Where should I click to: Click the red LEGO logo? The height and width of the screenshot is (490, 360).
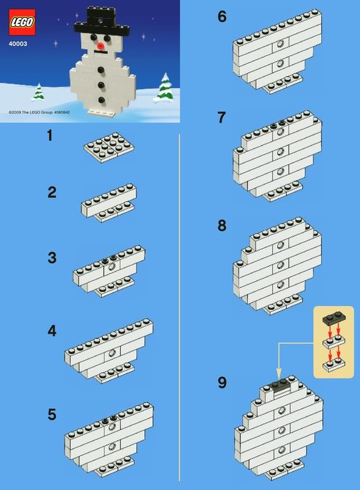pyautogui.click(x=22, y=22)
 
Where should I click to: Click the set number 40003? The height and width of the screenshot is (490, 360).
pyautogui.click(x=18, y=44)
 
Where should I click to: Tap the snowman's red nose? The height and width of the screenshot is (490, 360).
pyautogui.click(x=100, y=46)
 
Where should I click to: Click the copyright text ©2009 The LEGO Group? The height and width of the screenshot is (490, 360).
pyautogui.click(x=31, y=112)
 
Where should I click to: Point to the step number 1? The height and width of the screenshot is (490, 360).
pyautogui.click(x=50, y=136)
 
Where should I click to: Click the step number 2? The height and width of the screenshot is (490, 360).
pyautogui.click(x=52, y=192)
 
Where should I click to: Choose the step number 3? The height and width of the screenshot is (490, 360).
pyautogui.click(x=52, y=258)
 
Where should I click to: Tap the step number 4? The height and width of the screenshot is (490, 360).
pyautogui.click(x=52, y=332)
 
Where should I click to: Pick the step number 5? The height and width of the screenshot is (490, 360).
pyautogui.click(x=52, y=415)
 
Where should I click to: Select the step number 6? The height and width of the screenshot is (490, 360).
pyautogui.click(x=222, y=17)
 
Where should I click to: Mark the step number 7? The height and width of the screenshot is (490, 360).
pyautogui.click(x=221, y=118)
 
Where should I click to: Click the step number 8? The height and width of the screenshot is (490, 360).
pyautogui.click(x=222, y=226)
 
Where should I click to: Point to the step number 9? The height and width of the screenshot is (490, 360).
pyautogui.click(x=222, y=383)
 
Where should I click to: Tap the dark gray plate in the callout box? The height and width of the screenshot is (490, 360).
pyautogui.click(x=334, y=318)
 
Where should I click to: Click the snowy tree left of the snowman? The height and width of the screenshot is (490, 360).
pyautogui.click(x=38, y=92)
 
